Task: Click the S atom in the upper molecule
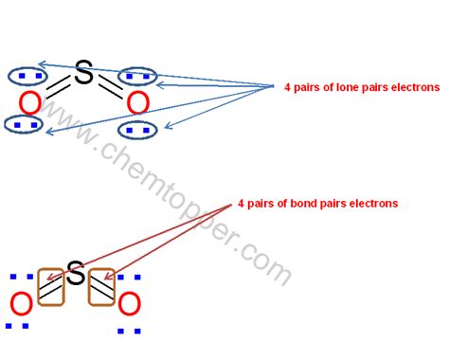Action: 83,73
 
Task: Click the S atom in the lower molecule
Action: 76,276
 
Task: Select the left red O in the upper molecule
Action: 30,101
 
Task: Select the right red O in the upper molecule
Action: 137,101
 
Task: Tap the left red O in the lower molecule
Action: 20,304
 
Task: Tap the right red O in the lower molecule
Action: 129,304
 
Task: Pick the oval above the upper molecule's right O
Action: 139,75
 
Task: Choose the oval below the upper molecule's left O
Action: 23,123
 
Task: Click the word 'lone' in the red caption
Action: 349,87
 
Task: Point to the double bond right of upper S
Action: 110,86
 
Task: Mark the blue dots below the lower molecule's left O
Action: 16,327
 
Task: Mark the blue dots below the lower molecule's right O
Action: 130,331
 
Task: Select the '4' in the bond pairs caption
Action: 242,203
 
